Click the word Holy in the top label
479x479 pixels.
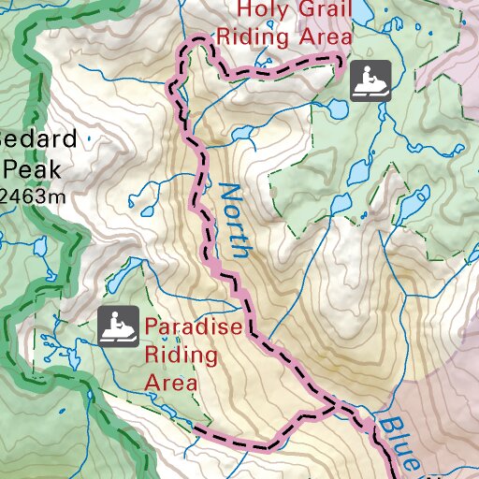257,10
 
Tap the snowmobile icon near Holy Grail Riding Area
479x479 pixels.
370,80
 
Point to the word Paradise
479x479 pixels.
194,328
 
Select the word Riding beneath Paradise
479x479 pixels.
181,356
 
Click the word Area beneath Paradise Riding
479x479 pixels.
171,383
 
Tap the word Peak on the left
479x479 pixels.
32,169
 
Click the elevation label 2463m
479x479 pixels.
32,195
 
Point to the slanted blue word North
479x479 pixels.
234,221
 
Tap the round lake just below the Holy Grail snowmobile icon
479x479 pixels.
357,171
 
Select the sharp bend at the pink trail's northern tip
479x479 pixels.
197,40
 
